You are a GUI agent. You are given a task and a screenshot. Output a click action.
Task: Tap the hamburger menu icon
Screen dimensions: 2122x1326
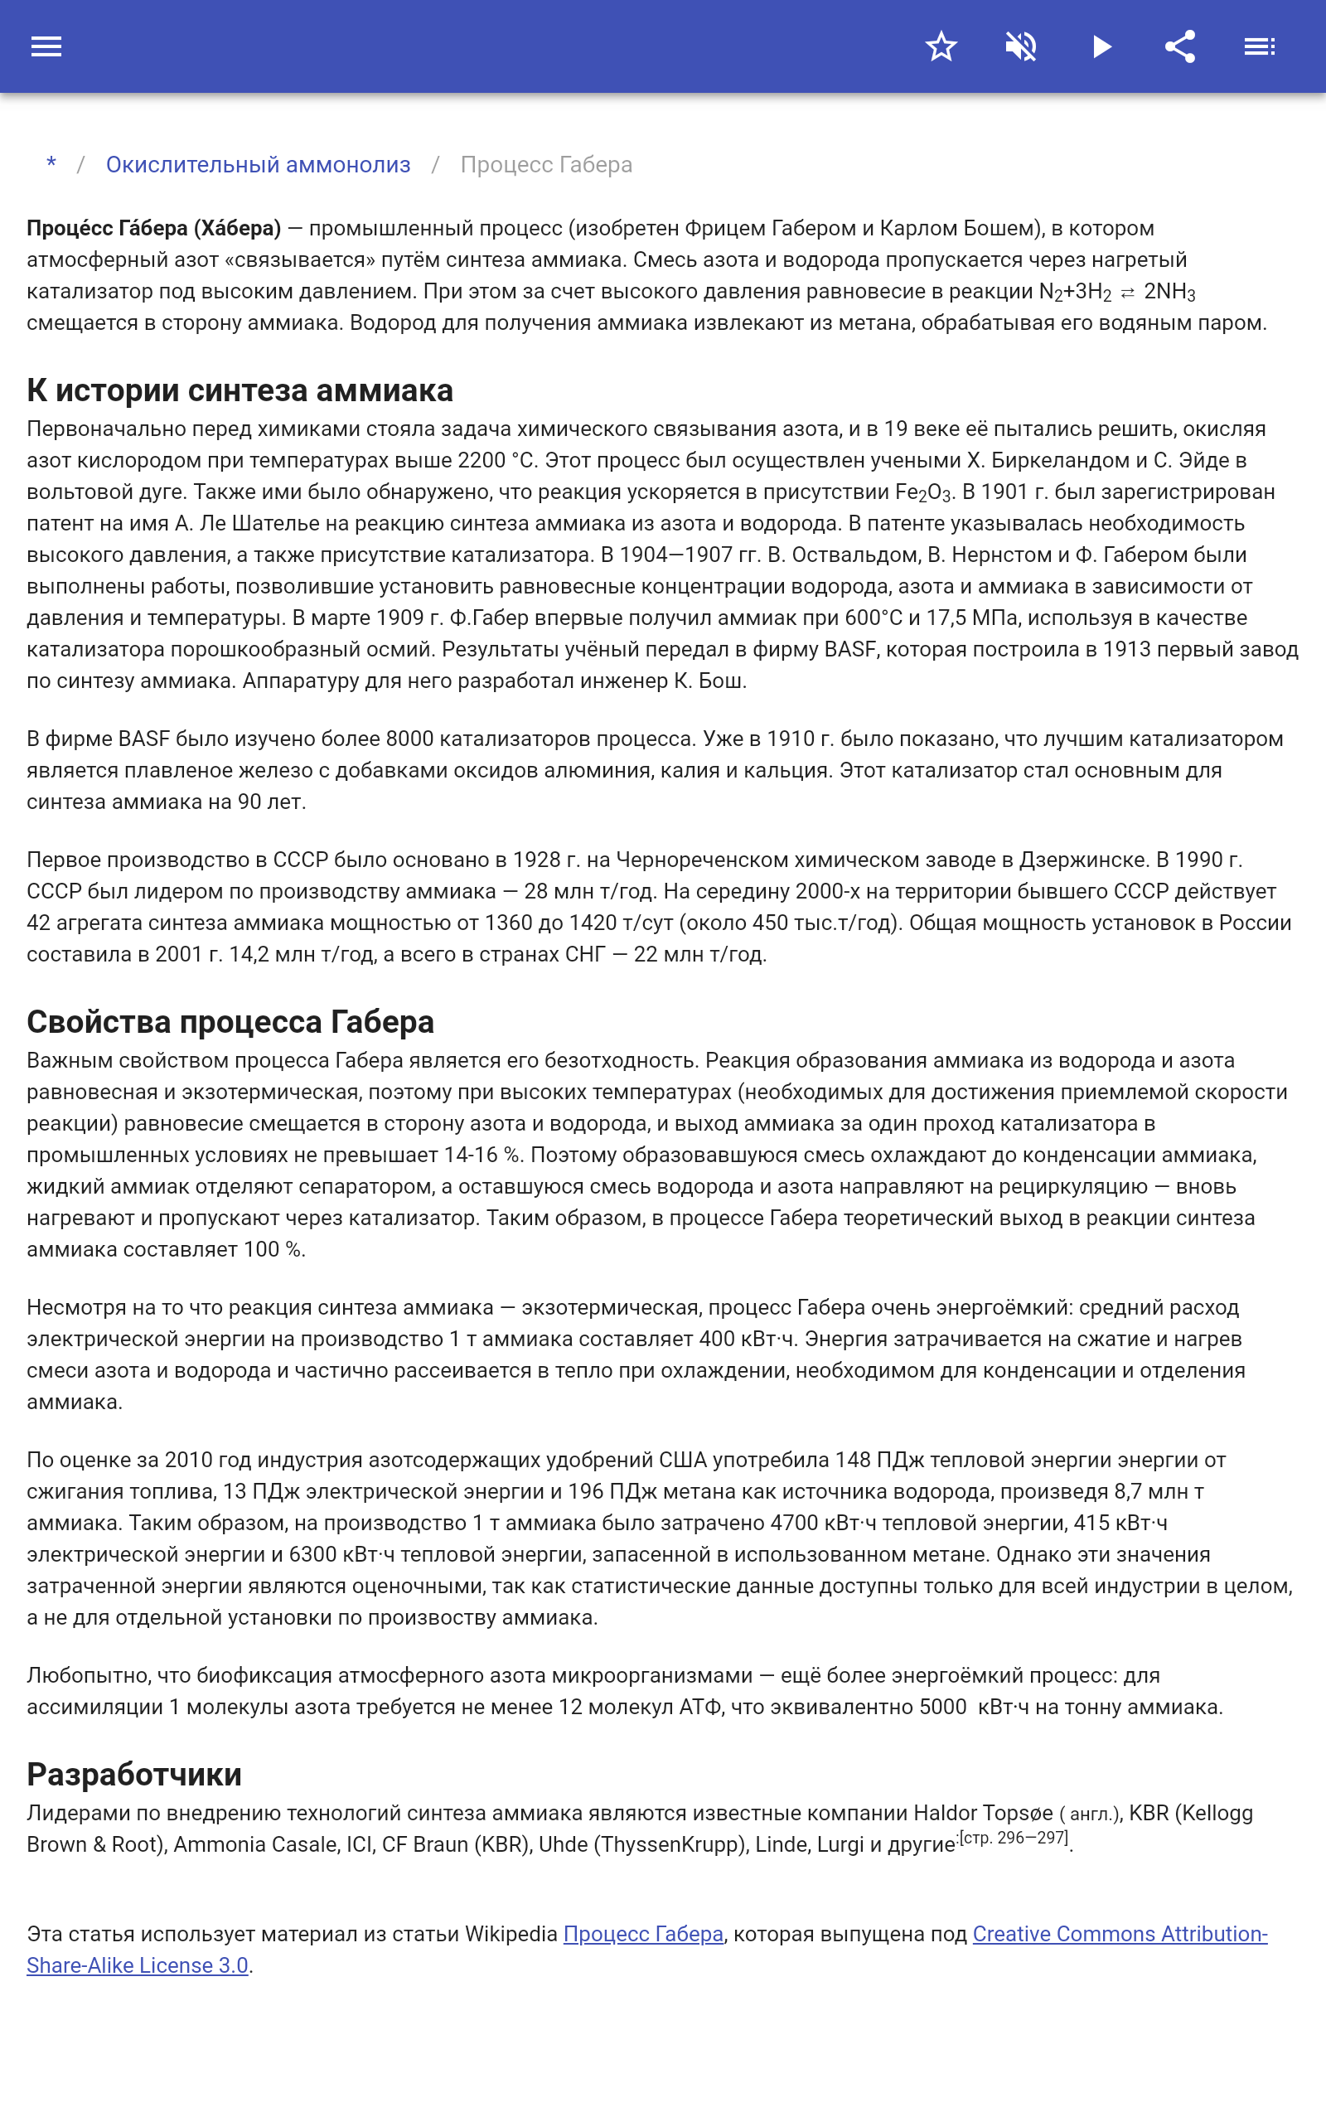(x=46, y=46)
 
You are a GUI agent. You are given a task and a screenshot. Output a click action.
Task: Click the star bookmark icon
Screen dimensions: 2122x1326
(x=941, y=46)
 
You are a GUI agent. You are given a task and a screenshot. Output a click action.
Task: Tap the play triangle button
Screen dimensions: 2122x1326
(x=1101, y=46)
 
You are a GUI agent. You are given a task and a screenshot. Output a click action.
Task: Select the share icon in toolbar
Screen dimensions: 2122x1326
(x=1180, y=46)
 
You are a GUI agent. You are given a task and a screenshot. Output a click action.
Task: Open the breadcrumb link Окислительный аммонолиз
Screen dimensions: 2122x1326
(x=258, y=165)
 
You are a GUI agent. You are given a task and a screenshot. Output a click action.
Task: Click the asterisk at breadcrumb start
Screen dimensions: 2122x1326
(x=51, y=164)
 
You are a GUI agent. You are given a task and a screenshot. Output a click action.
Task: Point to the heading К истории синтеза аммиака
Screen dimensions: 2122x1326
(x=240, y=390)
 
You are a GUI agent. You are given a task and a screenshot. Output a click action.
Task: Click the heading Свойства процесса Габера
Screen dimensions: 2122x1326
(x=230, y=1021)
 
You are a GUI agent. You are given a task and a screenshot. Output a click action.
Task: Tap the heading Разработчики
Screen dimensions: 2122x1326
(x=134, y=1774)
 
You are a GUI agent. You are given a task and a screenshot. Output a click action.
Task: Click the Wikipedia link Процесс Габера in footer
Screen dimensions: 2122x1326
(x=643, y=1934)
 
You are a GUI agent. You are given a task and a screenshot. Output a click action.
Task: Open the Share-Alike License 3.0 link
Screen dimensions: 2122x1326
(x=137, y=1965)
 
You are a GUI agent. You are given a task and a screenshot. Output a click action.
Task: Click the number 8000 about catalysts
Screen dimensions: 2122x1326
(x=409, y=739)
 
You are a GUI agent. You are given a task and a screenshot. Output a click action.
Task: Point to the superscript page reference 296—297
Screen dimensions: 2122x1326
(x=1014, y=1838)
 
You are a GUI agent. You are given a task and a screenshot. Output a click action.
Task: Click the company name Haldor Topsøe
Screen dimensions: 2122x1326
(x=982, y=1813)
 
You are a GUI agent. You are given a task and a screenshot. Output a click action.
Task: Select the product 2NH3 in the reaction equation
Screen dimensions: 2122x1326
(x=1170, y=292)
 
